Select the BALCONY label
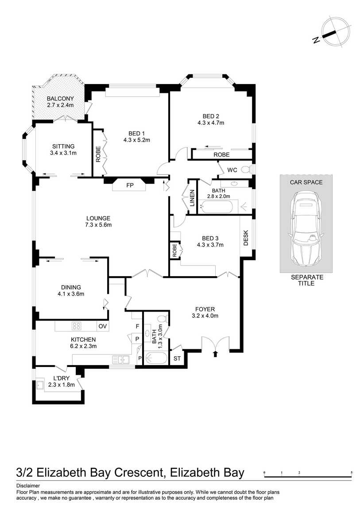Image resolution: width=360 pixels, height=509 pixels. coord(60,99)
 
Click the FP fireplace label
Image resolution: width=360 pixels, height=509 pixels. coord(130,185)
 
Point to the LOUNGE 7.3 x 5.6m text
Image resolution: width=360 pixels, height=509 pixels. coord(98,221)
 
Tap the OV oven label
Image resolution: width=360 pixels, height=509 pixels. coord(103,326)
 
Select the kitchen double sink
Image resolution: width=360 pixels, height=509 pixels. coord(120,359)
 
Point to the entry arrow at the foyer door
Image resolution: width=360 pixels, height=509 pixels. coord(216,353)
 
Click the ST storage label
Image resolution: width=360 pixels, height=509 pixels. coord(177,358)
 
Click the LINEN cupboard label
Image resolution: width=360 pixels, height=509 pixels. coord(192,198)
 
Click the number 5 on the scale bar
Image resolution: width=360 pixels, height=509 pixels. coord(352,473)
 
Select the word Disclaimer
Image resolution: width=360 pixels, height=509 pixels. coord(28,486)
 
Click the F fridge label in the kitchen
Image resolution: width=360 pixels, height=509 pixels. coord(138,326)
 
